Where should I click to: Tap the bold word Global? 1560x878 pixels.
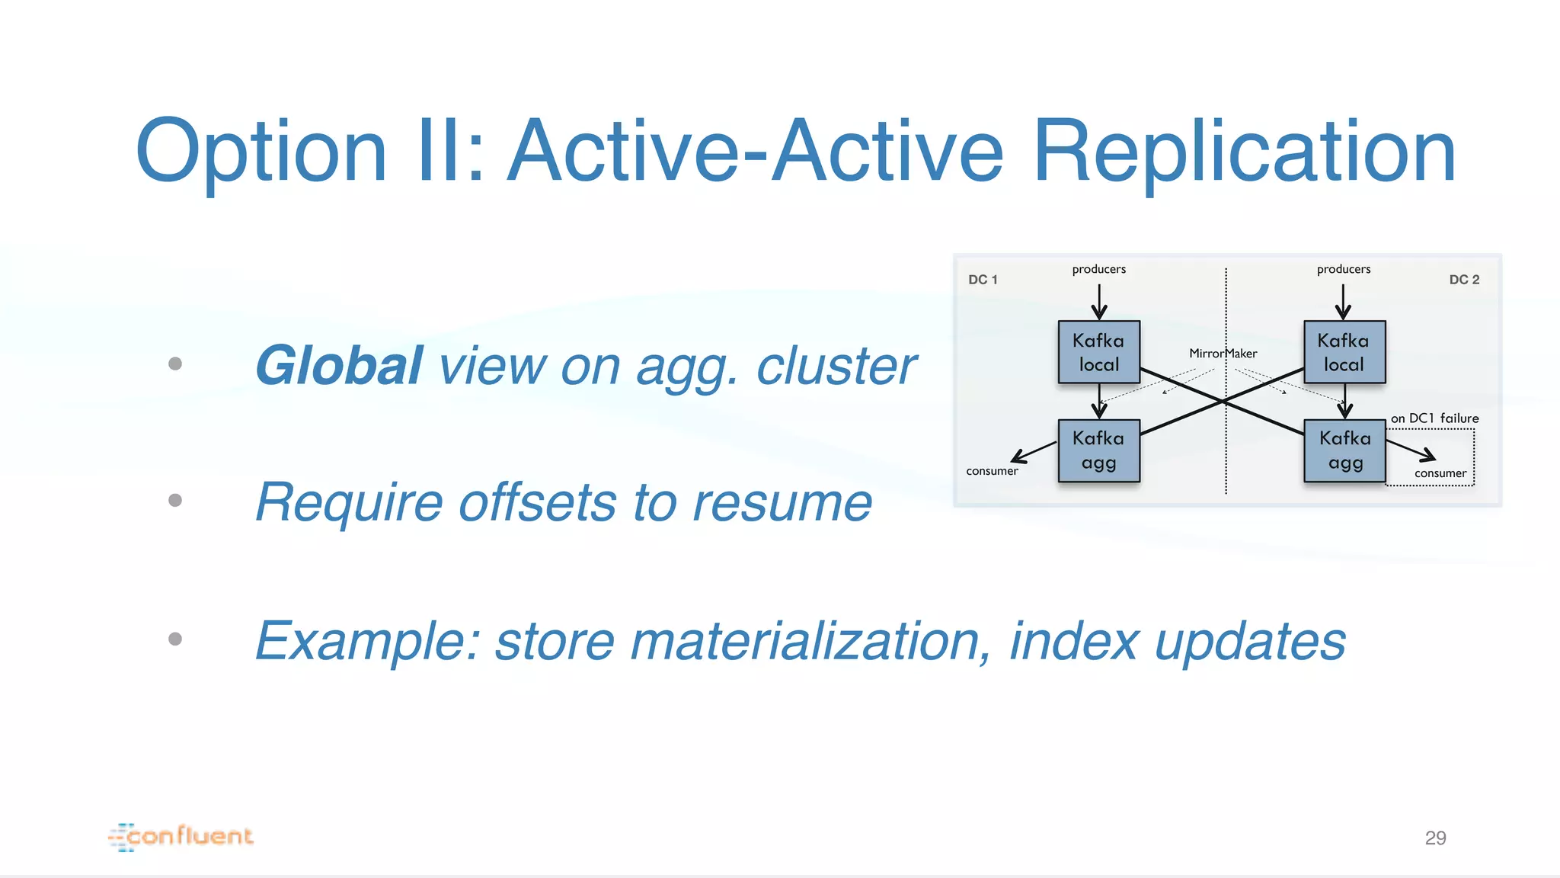[339, 366]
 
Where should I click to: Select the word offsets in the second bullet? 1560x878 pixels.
[537, 503]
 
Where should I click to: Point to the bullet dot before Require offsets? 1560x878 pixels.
[175, 500]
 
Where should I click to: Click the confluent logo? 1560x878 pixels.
[181, 836]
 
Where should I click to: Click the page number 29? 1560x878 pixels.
[1435, 838]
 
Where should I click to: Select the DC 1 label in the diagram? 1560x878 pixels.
[983, 280]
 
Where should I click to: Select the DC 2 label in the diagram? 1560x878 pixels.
[1464, 280]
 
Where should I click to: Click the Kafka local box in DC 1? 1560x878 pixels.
[1098, 352]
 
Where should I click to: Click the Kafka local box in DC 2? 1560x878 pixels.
[1344, 352]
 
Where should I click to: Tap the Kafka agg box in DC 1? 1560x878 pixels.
[1098, 450]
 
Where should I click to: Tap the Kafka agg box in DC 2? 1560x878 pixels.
[1344, 450]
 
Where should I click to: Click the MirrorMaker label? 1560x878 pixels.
[1223, 354]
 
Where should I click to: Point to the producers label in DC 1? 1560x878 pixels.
[1098, 269]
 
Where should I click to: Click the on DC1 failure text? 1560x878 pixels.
[1434, 418]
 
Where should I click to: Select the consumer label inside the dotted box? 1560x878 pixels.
[1440, 473]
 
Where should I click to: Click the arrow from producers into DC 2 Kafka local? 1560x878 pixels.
[1343, 302]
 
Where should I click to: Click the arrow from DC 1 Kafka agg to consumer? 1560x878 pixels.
[1034, 452]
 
